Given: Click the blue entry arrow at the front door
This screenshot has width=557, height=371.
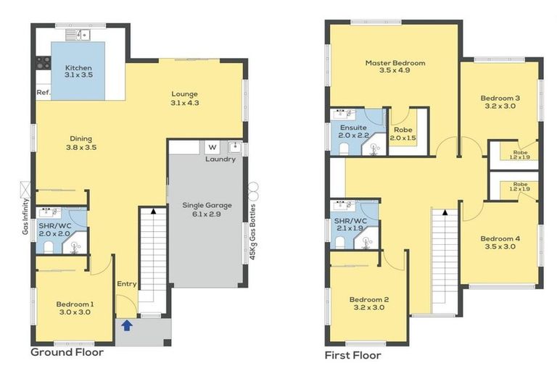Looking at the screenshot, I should [127, 325].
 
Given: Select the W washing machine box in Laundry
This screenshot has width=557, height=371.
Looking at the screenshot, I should [213, 148].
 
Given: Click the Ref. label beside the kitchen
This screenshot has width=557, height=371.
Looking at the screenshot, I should [43, 93].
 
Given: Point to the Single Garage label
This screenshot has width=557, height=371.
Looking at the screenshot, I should [204, 211].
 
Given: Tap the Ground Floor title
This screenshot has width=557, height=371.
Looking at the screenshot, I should [67, 353].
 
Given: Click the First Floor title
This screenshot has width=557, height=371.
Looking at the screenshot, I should [353, 356].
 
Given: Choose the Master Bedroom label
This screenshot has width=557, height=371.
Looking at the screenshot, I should [395, 67].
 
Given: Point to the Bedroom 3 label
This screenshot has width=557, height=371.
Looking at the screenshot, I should [500, 101].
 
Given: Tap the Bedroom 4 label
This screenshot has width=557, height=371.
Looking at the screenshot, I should [500, 242].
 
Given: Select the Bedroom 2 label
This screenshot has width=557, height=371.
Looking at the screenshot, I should [369, 303].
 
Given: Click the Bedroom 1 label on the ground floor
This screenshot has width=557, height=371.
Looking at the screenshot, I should [75, 307].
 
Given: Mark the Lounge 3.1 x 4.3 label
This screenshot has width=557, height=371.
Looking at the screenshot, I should [184, 98].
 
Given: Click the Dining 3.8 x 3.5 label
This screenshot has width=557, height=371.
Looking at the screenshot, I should [81, 142].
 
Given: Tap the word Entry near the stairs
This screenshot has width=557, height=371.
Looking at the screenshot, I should [126, 283].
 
